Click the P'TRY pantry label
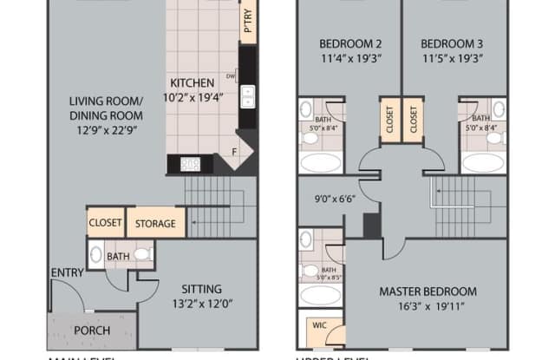(x=248, y=22)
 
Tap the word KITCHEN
(x=192, y=82)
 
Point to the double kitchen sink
(x=247, y=95)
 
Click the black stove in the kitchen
(x=191, y=162)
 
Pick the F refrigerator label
(x=234, y=153)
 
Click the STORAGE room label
(x=155, y=224)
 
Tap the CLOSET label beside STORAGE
(x=105, y=223)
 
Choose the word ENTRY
(x=67, y=272)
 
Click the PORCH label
(x=91, y=330)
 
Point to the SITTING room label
(x=200, y=289)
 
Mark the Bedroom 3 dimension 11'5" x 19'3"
(x=451, y=58)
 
